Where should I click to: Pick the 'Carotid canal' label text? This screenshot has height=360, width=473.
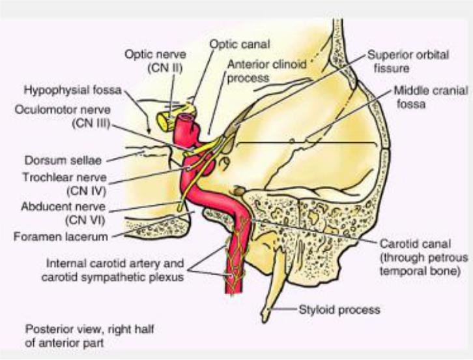click(x=410, y=243)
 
